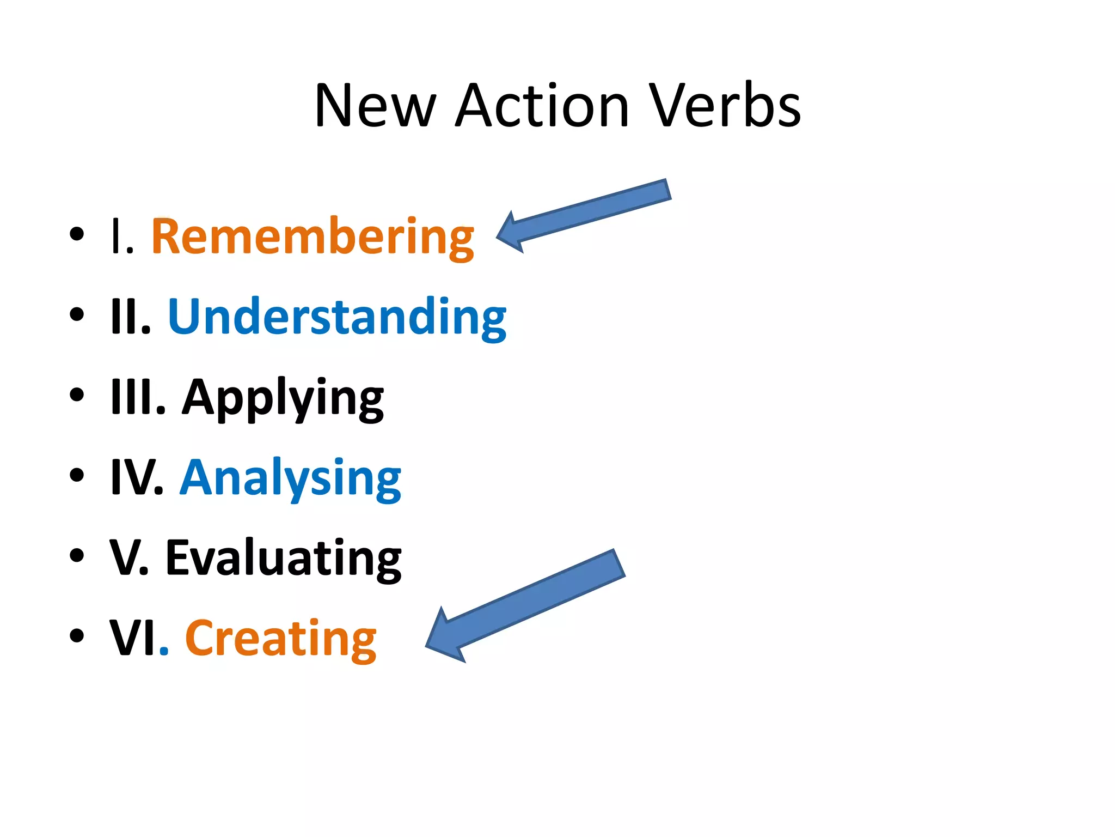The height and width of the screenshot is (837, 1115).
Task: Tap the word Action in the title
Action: tap(542, 106)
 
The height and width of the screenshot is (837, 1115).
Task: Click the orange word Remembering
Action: tap(313, 238)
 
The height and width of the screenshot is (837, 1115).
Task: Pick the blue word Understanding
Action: tap(337, 318)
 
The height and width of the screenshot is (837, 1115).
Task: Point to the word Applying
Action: tap(283, 398)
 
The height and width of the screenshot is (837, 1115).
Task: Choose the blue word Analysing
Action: tap(290, 478)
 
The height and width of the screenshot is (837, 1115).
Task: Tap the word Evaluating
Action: tap(283, 559)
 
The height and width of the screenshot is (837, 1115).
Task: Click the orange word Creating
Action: tap(280, 639)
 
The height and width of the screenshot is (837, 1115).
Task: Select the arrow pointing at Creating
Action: tap(525, 605)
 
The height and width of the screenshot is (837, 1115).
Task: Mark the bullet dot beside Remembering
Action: tap(77, 234)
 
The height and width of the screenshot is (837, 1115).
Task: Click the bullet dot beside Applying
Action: tap(77, 395)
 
